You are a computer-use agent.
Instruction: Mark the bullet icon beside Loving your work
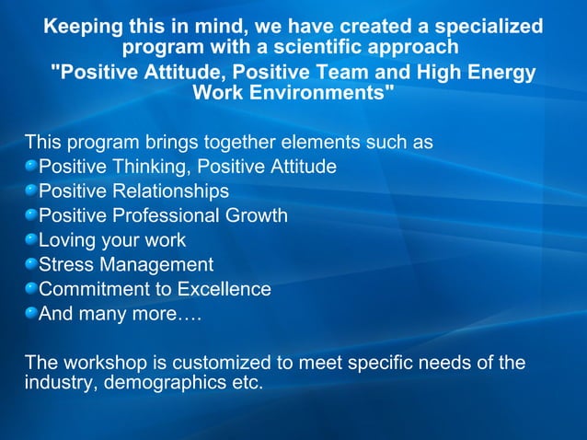[x=31, y=240]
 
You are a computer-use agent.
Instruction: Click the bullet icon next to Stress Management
[x=31, y=265]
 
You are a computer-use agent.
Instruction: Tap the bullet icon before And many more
[x=31, y=314]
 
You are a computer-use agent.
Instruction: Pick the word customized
[x=211, y=363]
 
